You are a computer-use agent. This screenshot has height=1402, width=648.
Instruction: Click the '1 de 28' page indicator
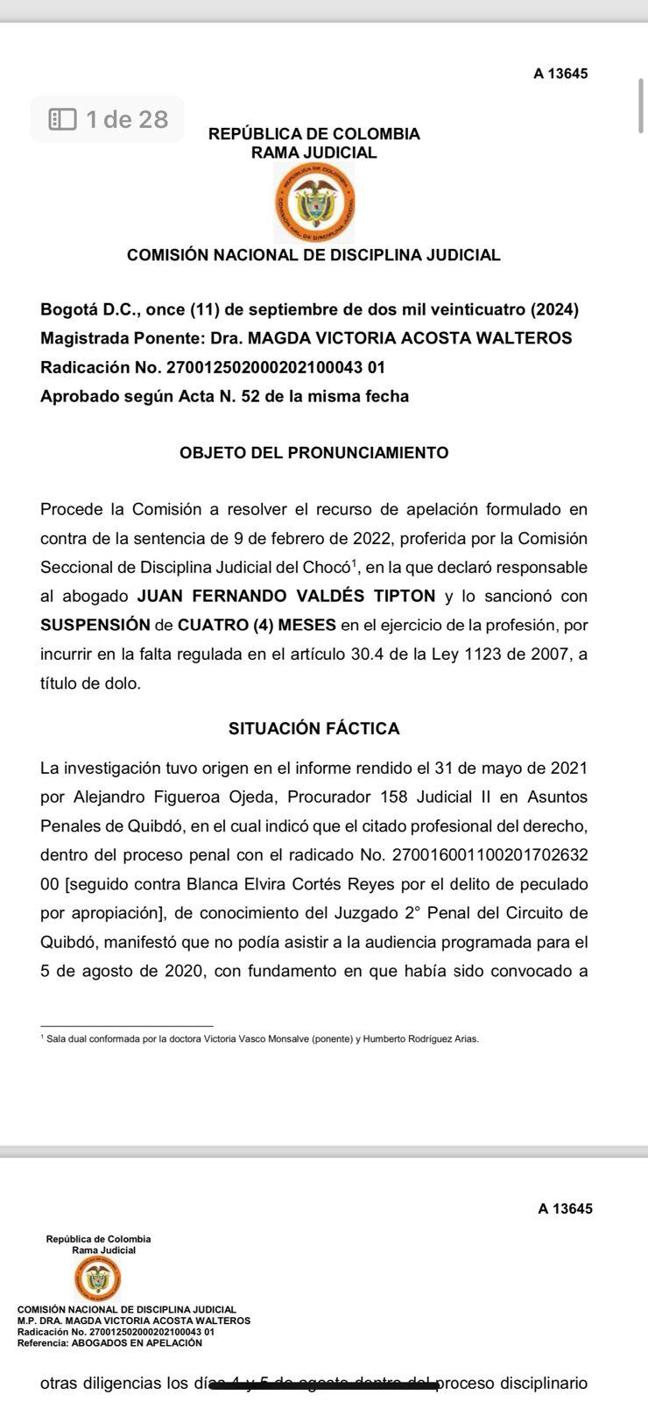point(108,119)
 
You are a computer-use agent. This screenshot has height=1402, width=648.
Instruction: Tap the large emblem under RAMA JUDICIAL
point(314,203)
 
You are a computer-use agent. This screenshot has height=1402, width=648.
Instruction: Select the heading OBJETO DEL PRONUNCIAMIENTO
point(313,453)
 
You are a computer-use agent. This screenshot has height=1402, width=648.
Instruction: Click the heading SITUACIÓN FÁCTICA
point(313,728)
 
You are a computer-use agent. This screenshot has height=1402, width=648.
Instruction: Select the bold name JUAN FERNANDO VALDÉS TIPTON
point(286,596)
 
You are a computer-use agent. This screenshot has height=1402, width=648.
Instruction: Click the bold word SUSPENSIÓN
point(95,625)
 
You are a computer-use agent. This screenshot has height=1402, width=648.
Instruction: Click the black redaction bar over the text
point(324,1384)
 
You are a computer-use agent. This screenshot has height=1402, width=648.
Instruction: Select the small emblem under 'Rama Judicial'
point(98,1279)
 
